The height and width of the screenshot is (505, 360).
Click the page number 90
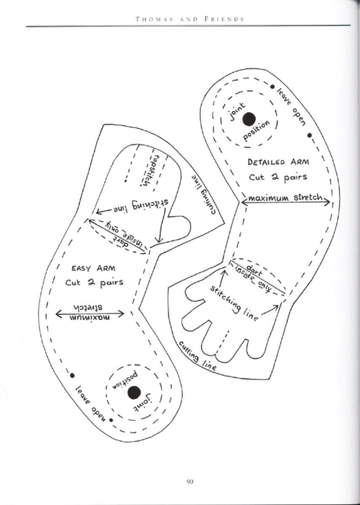coord(189,482)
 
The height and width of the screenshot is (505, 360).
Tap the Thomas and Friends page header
coord(190,19)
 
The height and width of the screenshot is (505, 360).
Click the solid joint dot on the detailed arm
coord(249,119)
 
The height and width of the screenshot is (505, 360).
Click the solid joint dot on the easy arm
coord(134,392)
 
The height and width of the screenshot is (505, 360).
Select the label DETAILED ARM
coord(278,162)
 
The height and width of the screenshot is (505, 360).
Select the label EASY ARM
coord(93,268)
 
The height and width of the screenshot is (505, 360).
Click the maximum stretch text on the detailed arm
coord(285,197)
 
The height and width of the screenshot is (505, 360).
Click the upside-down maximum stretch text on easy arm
coord(89,312)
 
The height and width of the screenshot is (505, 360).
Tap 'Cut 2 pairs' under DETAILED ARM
coord(278,177)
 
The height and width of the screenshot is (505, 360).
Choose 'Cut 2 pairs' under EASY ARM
coord(94,282)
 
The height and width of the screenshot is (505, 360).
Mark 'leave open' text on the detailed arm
coord(291,107)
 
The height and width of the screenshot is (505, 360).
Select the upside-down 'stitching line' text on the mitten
coord(140,206)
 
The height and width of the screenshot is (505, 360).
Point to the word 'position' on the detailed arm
coord(257,131)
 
